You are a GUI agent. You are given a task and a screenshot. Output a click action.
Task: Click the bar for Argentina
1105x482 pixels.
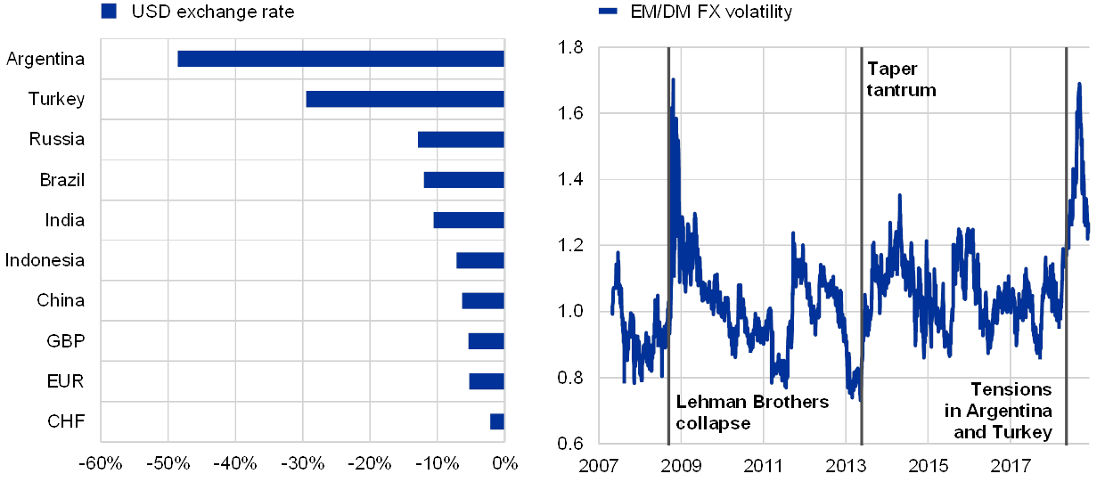[x=340, y=59]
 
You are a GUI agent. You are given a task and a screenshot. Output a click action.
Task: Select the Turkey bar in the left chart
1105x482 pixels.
[x=405, y=99]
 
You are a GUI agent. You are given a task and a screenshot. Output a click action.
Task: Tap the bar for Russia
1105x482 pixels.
[x=461, y=139]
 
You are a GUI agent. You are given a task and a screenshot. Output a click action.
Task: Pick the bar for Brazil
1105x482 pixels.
[x=463, y=180]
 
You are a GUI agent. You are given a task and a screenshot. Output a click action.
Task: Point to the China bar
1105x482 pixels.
[x=483, y=300]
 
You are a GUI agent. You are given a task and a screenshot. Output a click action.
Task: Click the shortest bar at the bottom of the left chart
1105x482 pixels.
[x=497, y=421]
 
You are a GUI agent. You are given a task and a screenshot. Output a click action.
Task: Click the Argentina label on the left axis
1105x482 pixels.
[x=45, y=60]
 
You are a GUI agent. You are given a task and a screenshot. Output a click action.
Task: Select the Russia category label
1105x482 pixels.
[x=59, y=140]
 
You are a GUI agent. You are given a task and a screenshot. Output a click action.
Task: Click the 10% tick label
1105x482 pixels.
[x=439, y=462]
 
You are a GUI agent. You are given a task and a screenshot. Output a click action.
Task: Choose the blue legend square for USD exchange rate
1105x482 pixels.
[x=109, y=12]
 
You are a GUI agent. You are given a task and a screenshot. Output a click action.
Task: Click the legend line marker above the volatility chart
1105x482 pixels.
[x=608, y=12]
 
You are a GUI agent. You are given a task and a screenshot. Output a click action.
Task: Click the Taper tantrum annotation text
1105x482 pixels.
[x=898, y=79]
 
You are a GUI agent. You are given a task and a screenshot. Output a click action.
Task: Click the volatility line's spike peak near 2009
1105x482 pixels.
[x=673, y=78]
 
